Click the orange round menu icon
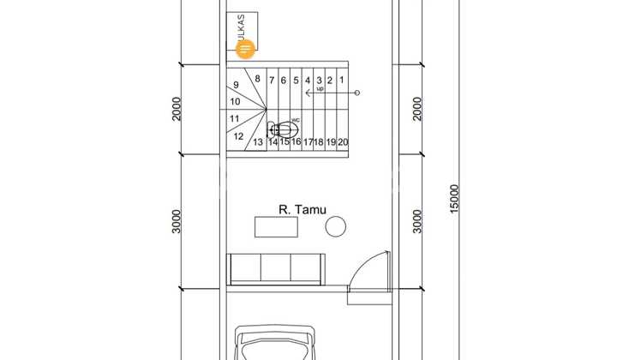[247, 49]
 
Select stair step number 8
[257, 79]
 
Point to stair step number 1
[342, 81]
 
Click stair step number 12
[238, 135]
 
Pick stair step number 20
[343, 142]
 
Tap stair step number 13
[257, 142]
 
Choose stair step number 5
[296, 81]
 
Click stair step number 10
[235, 101]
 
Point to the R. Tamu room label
[303, 208]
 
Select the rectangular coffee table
[276, 227]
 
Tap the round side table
[335, 226]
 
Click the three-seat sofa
[276, 268]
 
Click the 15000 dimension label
[454, 200]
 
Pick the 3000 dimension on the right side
[417, 221]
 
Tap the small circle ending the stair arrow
[357, 92]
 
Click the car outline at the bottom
[276, 343]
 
